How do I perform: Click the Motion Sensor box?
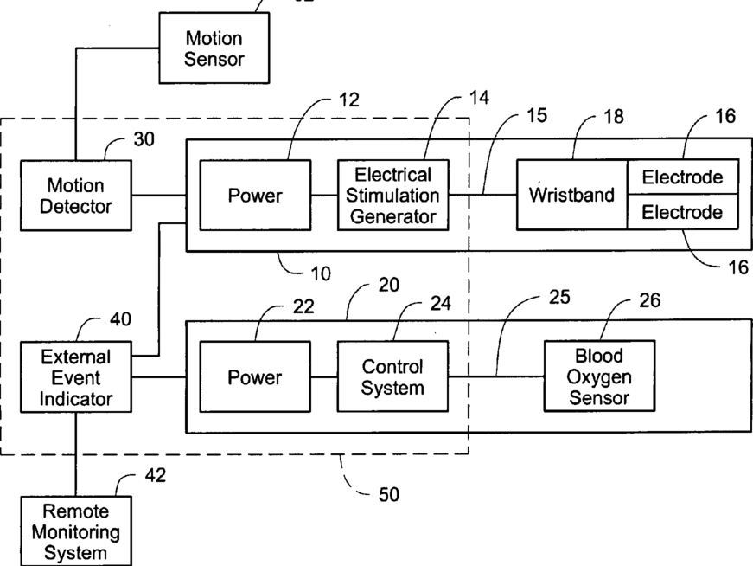[x=214, y=48]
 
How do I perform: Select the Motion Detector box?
[x=76, y=196]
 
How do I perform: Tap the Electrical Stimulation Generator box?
[x=392, y=196]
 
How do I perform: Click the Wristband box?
[x=572, y=195]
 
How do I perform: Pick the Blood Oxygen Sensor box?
[x=599, y=376]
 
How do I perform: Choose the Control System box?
[x=392, y=376]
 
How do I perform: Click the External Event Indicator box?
[x=76, y=377]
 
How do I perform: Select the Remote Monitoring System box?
[x=76, y=531]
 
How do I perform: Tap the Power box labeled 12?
[x=255, y=196]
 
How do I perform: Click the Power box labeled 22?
[x=255, y=376]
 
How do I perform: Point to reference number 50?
[x=389, y=494]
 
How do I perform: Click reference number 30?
[x=144, y=139]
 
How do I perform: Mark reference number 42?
[x=156, y=475]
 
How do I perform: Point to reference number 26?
[x=650, y=300]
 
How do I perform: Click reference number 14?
[x=479, y=98]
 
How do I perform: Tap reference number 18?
[x=614, y=116]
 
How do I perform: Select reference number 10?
[x=321, y=273]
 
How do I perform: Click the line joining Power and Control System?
[x=324, y=376]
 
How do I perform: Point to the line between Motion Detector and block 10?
[x=159, y=196]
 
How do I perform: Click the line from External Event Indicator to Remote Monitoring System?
[x=76, y=454]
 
